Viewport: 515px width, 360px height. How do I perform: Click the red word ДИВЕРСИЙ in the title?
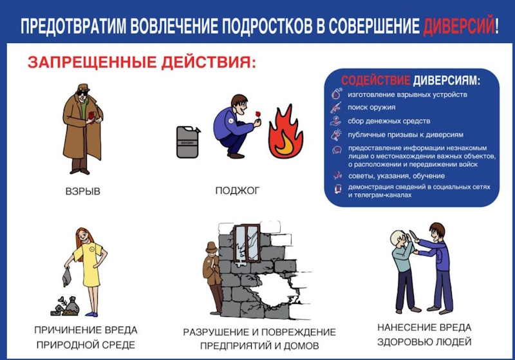tap(458, 25)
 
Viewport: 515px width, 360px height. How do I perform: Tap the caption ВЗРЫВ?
tap(83, 191)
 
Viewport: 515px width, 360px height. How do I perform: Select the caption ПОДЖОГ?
tap(238, 191)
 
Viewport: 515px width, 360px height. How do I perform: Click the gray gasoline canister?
tap(188, 142)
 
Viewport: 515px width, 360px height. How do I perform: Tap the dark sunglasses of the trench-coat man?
tap(82, 93)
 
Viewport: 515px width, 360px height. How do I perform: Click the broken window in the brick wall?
tap(247, 243)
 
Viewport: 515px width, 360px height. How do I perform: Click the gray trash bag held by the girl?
tap(67, 276)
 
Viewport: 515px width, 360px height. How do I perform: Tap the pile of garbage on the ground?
tap(65, 307)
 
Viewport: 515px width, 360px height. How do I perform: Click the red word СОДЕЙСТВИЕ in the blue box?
tap(376, 80)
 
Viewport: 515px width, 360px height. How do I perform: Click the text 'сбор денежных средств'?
tap(389, 121)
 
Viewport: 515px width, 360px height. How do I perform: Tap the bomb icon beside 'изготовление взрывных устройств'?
tap(336, 93)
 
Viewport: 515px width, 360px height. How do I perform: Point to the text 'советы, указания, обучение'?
tap(397, 176)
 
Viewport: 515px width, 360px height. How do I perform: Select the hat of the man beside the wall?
tap(211, 247)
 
